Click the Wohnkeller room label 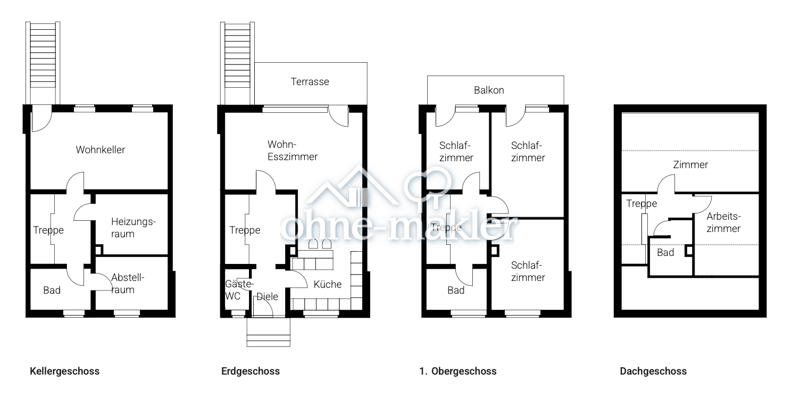101,150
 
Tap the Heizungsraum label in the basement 133,228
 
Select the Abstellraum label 128,284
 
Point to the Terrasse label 310,82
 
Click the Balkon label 489,90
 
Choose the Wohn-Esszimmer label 293,151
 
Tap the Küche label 328,285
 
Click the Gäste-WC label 239,290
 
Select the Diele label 267,296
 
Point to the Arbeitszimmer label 723,222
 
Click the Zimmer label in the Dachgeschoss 690,165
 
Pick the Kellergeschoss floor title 65,371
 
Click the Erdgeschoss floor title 251,371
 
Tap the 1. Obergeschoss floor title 458,371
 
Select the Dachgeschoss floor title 653,371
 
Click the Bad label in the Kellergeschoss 52,290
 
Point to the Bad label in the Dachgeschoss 665,253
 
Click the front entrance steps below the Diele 269,333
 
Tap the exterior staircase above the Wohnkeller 43,63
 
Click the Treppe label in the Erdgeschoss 245,230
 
